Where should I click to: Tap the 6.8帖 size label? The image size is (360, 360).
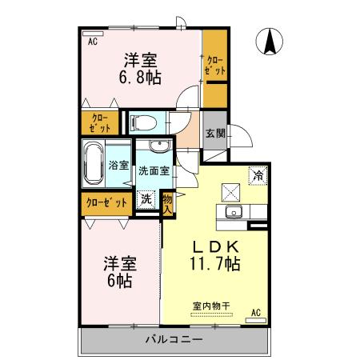139,78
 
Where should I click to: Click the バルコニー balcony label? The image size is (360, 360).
174,339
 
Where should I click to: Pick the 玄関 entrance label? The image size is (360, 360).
214,134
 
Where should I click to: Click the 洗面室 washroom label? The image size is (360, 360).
153,170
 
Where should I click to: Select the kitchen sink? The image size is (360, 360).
234,212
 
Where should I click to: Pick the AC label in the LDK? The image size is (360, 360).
257,312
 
